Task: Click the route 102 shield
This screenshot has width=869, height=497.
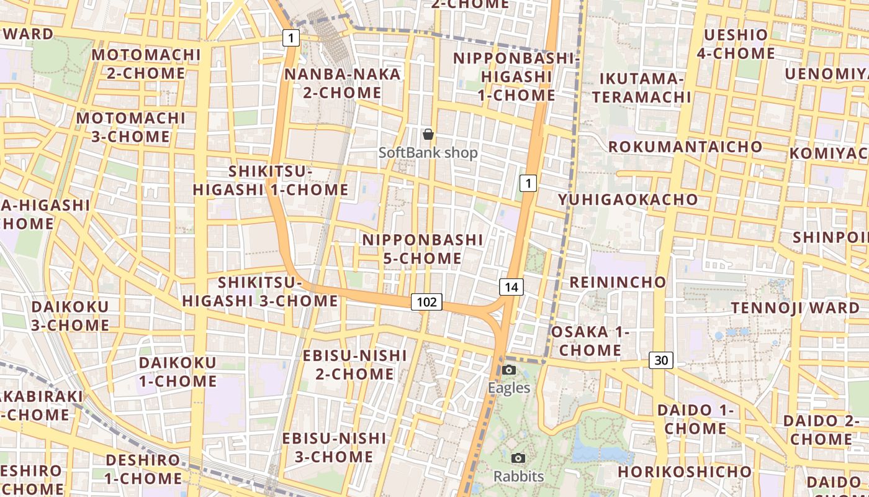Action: (426, 302)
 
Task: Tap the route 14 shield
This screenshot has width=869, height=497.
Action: (511, 286)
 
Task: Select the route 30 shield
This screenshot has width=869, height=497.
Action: (662, 360)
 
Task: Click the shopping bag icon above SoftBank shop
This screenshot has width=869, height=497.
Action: (428, 134)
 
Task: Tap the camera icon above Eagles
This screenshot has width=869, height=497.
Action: (509, 370)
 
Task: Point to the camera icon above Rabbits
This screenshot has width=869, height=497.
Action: (518, 458)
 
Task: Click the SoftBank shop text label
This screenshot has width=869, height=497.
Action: (428, 152)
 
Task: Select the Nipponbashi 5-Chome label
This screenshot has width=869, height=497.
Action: (423, 248)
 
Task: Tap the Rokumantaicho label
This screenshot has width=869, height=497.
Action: (685, 147)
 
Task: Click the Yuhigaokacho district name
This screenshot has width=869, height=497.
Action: (628, 199)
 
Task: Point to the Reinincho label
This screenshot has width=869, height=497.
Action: (618, 282)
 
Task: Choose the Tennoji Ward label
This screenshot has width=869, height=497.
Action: (795, 308)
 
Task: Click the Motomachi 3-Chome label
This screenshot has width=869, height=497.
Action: (131, 127)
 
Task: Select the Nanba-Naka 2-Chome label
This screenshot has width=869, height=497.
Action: (342, 83)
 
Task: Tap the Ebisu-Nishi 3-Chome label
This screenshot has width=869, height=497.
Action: (334, 447)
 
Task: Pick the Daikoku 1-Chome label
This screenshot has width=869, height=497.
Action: (178, 372)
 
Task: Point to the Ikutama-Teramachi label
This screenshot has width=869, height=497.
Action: (641, 88)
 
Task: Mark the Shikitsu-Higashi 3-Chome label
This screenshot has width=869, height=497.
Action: (260, 292)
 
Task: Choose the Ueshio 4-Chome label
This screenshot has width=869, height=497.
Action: (736, 44)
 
